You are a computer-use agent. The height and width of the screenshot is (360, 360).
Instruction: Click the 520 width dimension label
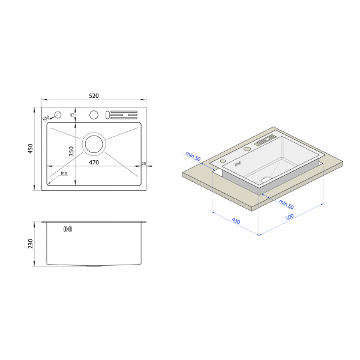point(94,96)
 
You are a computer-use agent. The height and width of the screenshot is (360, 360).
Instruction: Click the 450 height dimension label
point(31,149)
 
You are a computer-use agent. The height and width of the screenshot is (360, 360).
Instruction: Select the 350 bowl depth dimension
point(71,151)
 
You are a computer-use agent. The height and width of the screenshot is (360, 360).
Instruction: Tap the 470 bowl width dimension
point(94,163)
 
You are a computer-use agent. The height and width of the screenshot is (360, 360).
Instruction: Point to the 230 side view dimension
point(31,244)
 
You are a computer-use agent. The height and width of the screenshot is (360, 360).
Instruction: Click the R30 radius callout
point(46,118)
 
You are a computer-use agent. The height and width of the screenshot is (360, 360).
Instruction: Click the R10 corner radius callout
point(64,173)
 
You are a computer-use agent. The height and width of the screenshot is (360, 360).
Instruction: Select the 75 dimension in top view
point(73,115)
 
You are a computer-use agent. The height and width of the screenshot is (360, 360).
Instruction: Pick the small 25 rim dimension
point(144,164)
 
